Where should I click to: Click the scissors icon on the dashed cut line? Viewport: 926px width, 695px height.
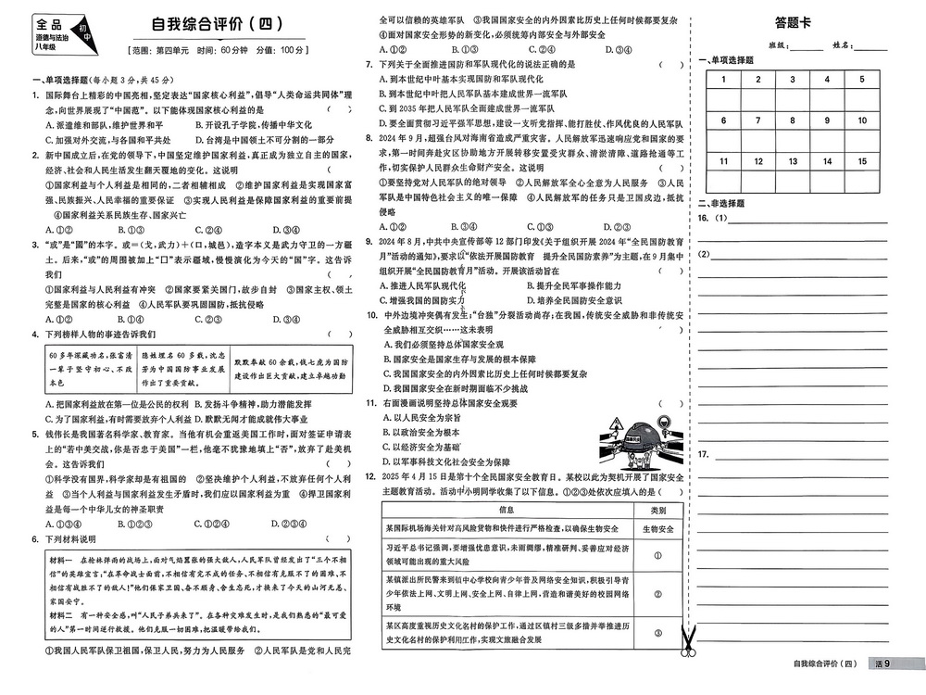click(687, 640)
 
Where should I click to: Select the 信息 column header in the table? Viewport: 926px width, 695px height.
click(507, 510)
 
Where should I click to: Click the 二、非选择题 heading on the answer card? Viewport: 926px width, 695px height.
click(721, 203)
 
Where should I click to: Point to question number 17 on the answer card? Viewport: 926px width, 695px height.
click(704, 454)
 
